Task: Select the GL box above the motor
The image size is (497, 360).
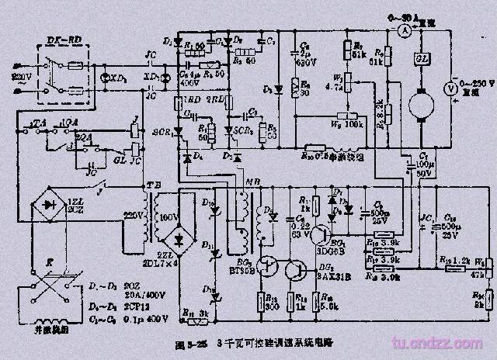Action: pos(422,60)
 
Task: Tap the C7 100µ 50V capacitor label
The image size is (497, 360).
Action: pos(423,164)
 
